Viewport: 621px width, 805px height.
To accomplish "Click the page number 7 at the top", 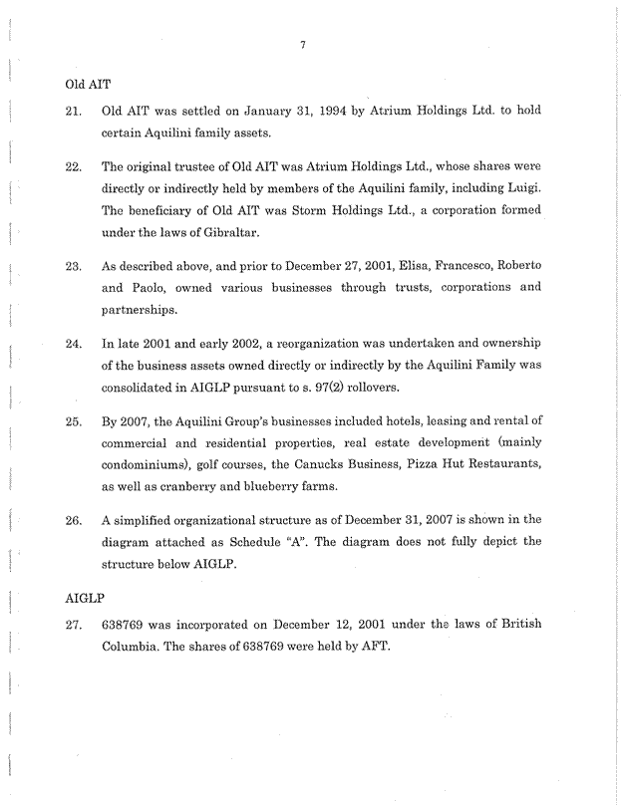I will [x=312, y=44].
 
